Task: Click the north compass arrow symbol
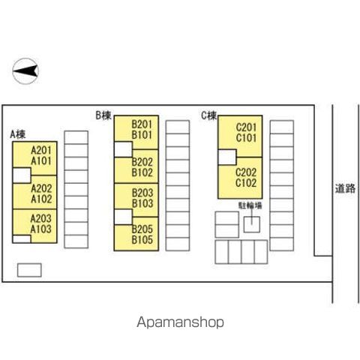(25, 71)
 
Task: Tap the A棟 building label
(18, 135)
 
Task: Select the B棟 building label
(103, 115)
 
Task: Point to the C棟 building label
(209, 115)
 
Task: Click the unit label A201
(41, 151)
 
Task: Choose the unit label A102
(41, 199)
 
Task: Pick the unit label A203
(41, 218)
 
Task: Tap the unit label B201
(142, 124)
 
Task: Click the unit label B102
(142, 172)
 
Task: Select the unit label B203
(142, 193)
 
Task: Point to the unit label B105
(142, 240)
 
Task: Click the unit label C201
(246, 127)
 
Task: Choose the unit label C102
(246, 183)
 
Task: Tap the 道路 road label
(345, 188)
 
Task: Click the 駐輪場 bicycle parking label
(250, 205)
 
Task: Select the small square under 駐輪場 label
(252, 224)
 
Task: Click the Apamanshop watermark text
(180, 322)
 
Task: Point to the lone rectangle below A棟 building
(29, 270)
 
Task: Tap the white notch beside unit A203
(22, 239)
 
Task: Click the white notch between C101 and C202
(227, 157)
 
